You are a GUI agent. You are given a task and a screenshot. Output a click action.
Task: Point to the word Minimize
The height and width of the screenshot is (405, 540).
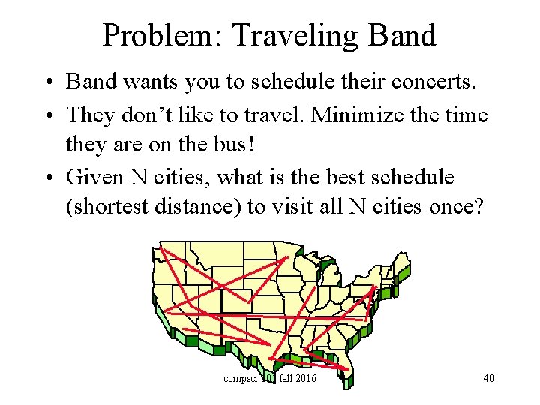(x=362, y=115)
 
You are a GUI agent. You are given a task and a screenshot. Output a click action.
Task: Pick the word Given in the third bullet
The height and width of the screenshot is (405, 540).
(x=95, y=178)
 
